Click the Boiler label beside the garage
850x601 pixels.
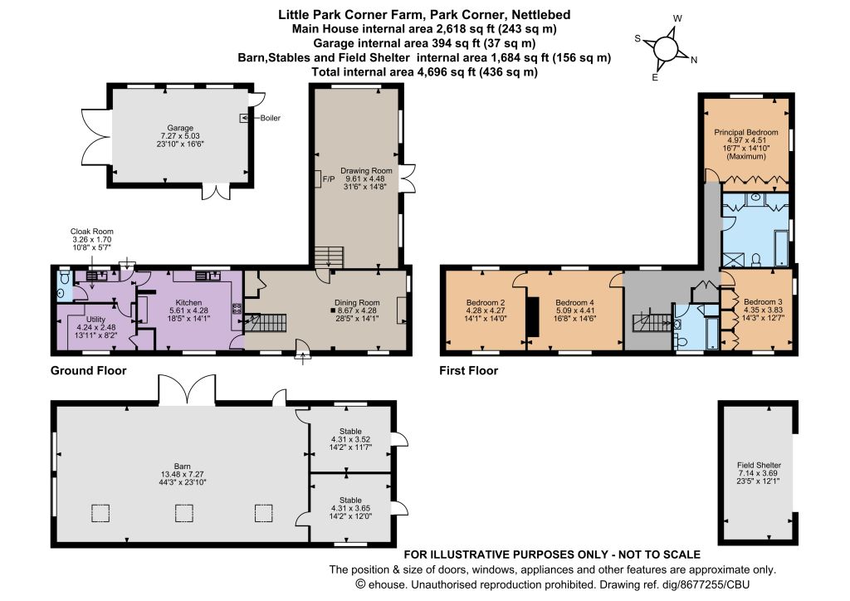270,118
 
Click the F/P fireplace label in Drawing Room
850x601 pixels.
329,178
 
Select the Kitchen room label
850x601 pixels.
188,302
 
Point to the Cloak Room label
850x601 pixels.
91,232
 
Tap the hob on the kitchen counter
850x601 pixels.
237,309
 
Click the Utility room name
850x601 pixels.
96,320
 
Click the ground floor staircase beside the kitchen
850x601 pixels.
266,323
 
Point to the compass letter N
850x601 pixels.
694,60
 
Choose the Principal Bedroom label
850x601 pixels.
746,132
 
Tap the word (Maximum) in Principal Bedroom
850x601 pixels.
746,156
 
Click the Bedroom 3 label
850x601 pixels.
763,302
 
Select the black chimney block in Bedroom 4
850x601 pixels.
534,317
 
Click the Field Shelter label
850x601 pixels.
759,465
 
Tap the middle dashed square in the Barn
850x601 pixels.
184,513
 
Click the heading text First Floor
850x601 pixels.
468,371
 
